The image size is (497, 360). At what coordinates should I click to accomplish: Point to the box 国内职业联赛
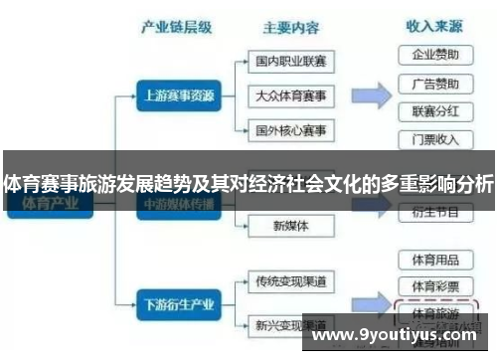(x=290, y=62)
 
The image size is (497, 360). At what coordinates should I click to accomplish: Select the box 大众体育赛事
(x=290, y=95)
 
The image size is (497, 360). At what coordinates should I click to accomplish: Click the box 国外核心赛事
(x=290, y=130)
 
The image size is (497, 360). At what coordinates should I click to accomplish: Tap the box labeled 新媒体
(x=290, y=226)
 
